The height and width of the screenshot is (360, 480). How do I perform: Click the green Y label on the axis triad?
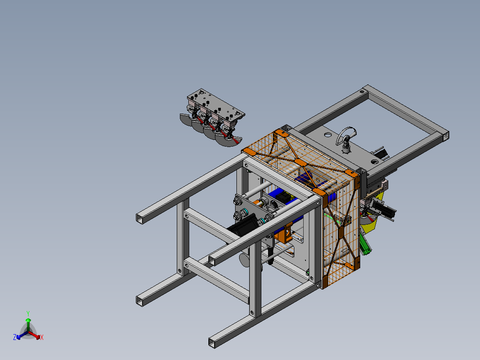coord(28,313)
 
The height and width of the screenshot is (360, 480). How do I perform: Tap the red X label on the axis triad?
coord(42,337)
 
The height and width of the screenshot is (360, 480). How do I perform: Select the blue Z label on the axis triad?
coord(14,337)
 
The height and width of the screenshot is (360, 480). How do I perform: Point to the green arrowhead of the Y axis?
coord(28,320)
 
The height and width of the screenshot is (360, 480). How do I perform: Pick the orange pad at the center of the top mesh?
coord(301,162)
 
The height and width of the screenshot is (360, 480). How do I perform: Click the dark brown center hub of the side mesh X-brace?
coord(342,233)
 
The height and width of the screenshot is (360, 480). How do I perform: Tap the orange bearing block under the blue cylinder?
coord(284,233)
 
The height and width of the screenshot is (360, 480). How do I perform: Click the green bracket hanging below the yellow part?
coord(365,244)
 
